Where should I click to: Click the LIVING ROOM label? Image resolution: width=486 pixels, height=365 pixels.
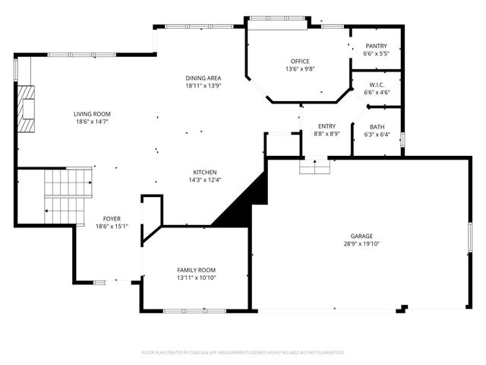92,113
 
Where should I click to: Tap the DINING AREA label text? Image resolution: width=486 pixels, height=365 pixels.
204,78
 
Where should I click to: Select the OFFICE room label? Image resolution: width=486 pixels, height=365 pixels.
300,61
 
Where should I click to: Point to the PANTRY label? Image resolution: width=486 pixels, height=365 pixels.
376,46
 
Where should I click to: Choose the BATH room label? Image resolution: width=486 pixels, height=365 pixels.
377,127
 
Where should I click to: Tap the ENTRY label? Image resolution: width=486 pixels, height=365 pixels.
327,126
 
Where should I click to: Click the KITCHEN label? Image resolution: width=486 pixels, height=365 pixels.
205,172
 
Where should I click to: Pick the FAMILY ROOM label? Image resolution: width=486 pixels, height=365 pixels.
196,270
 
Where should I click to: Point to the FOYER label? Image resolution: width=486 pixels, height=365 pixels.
112,218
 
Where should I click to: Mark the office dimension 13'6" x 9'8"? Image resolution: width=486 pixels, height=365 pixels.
300,69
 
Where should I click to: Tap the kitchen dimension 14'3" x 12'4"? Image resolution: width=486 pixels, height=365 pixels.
205,180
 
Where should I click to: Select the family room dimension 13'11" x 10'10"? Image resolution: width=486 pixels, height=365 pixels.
196,278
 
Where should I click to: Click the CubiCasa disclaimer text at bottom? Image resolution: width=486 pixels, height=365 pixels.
243,353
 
